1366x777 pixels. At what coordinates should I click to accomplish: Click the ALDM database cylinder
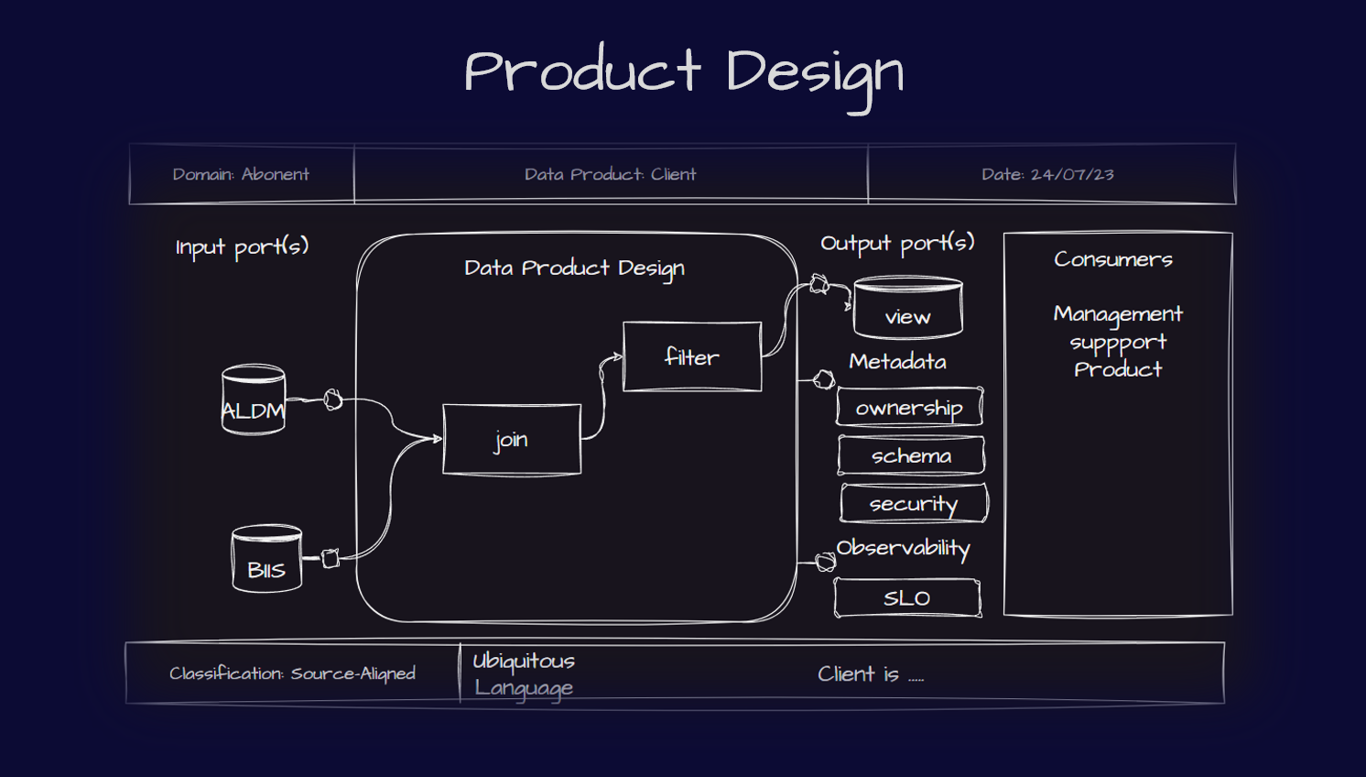[254, 400]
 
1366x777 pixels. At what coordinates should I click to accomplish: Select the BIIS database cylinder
[266, 559]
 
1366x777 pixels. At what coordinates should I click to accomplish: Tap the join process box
[512, 440]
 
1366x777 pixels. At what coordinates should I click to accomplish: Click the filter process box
[692, 356]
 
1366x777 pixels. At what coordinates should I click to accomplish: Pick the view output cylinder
[907, 309]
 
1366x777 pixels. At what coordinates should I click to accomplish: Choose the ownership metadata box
[909, 407]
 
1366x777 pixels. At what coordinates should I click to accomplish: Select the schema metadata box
[911, 455]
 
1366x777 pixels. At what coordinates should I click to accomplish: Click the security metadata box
[914, 503]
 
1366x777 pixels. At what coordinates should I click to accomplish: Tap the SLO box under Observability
[907, 598]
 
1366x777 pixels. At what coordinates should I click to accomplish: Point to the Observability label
[903, 548]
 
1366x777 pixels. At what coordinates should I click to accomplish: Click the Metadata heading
[897, 361]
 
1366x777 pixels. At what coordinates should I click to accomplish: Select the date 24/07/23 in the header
[1047, 174]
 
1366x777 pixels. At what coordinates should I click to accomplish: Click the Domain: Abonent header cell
[241, 174]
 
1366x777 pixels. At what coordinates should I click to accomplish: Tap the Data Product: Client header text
[611, 174]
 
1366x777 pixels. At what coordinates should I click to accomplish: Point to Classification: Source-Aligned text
[292, 673]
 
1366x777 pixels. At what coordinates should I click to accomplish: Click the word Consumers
[1113, 259]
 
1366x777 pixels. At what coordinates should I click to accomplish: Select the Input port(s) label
[242, 246]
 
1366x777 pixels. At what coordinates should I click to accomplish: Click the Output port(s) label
[897, 243]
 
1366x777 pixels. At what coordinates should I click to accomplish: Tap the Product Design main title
[684, 73]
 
